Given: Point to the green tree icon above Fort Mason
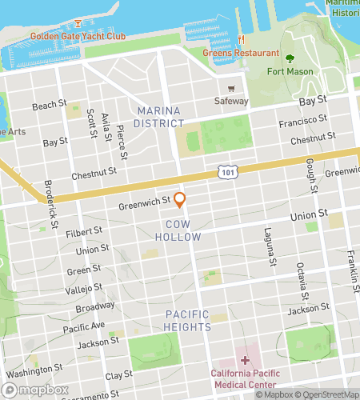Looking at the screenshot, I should [289, 58].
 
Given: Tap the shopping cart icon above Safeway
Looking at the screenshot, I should [231, 88].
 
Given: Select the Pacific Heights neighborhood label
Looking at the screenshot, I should [188, 320].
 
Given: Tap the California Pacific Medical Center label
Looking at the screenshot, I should [252, 379].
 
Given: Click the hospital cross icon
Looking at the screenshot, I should [245, 360].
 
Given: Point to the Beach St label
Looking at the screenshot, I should [50, 106].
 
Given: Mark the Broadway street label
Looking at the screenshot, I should [95, 306].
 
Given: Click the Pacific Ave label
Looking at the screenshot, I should [84, 327].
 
